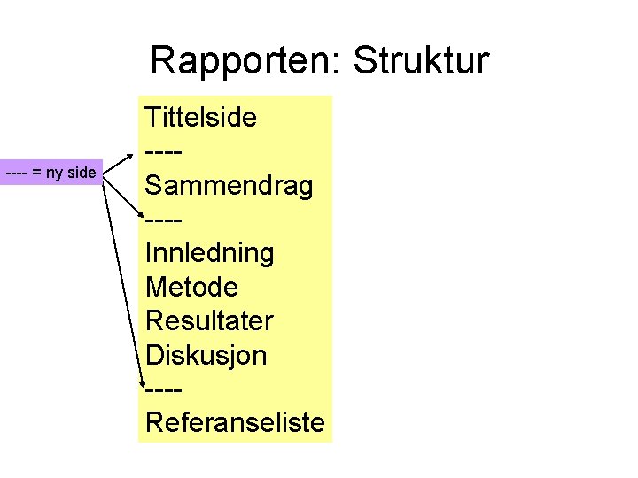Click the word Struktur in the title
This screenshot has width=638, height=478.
pos(420,62)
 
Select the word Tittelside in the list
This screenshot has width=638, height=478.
pos(201,117)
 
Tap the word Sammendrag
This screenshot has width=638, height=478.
pos(230,186)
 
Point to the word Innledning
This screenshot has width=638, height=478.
pos(210,253)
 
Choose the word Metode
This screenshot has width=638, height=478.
pos(192,287)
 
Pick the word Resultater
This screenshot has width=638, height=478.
pos(210,320)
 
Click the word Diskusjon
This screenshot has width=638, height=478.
pos(206,355)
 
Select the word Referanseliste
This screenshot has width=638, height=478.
pos(235,422)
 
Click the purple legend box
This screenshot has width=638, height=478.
pos(52,173)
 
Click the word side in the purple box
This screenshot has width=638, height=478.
pos(81,173)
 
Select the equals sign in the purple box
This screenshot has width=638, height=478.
pos(36,173)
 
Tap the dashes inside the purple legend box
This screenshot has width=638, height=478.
pos(16,173)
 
